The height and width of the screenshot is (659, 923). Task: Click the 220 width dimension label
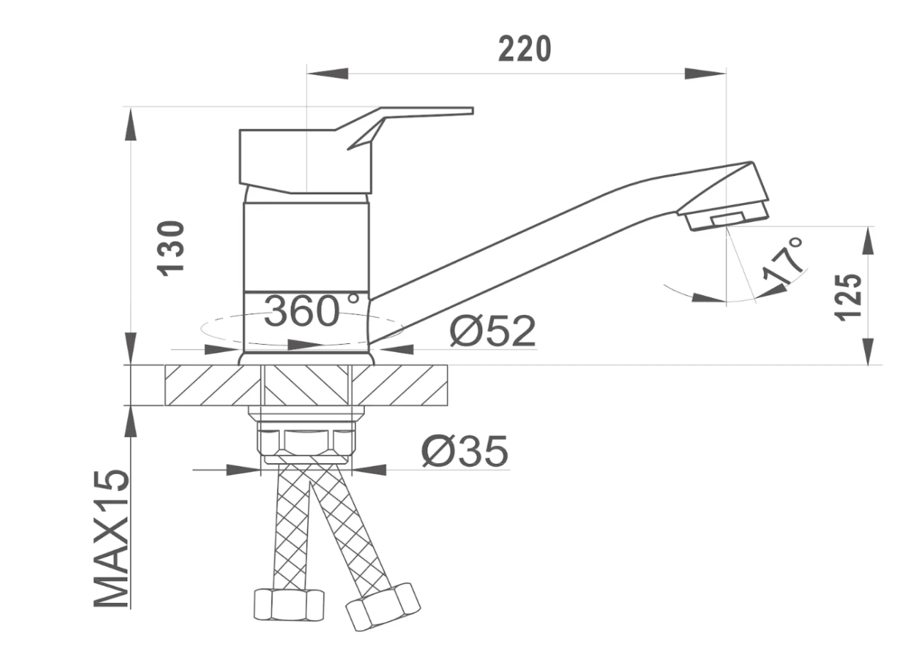[524, 49]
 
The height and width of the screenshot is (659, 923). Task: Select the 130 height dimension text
[170, 248]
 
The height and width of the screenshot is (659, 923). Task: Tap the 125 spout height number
[848, 297]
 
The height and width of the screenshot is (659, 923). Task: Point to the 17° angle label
[783, 262]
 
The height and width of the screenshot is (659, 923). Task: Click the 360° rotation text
[311, 311]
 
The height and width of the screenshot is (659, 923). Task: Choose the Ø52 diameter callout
[493, 331]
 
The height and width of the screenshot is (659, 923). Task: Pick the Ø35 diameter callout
[465, 452]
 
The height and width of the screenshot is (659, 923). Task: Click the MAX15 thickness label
[111, 539]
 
